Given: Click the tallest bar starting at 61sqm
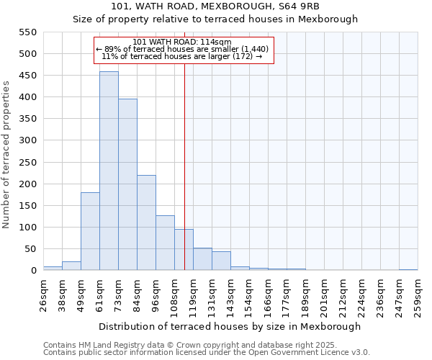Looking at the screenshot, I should [x=109, y=171].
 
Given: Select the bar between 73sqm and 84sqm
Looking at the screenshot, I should [x=127, y=184].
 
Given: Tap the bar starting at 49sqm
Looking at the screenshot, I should [x=90, y=231].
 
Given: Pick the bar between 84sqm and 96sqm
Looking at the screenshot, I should [x=146, y=222].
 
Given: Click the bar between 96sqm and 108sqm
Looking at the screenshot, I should [x=165, y=243].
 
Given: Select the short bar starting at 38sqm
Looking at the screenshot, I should [x=71, y=266].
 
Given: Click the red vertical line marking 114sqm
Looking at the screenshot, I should [x=184, y=180].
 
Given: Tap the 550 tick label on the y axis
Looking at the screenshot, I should [x=27, y=32].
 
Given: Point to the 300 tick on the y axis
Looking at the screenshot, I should [x=27, y=140].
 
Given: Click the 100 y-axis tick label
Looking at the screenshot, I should [x=27, y=228].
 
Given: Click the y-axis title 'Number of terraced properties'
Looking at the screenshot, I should [x=6, y=154].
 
